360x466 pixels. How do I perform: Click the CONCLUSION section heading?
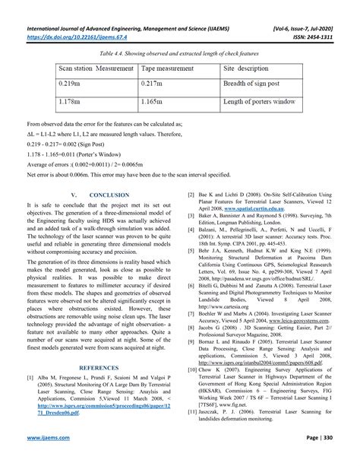click(x=91, y=195)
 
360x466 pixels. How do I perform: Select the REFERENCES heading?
click(x=91, y=366)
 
